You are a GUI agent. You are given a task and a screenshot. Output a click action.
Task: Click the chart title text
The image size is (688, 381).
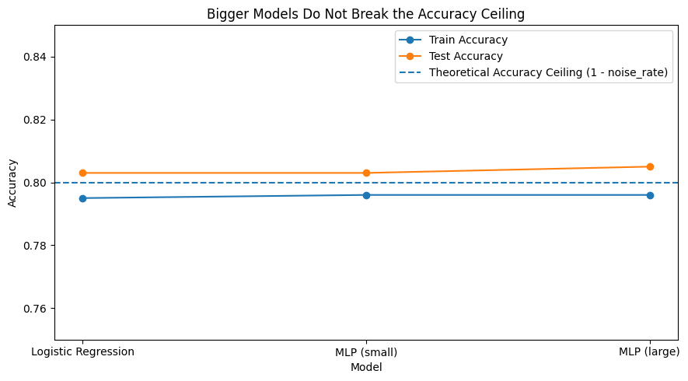click(x=365, y=13)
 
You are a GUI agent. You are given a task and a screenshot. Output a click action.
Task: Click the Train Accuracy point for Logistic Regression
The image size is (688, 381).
click(x=82, y=198)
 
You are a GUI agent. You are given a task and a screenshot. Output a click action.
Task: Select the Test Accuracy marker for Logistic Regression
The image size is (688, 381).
click(x=82, y=173)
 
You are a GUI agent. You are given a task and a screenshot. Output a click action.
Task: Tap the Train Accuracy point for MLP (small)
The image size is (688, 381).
click(x=366, y=195)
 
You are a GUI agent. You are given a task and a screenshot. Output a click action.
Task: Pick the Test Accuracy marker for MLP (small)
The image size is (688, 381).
click(x=366, y=173)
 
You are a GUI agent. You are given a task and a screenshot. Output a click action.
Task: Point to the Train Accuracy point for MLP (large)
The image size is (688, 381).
click(x=650, y=195)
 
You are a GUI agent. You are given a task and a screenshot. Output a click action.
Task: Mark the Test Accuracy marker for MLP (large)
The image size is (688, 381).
click(x=650, y=166)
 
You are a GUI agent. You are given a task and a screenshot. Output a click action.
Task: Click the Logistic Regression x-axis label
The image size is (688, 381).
click(x=82, y=351)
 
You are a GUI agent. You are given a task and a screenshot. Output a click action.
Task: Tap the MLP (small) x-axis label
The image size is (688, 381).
click(x=366, y=351)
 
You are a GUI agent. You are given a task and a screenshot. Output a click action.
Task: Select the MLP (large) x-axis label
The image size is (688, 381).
click(x=649, y=351)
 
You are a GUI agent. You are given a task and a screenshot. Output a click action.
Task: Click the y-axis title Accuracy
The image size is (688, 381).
click(x=12, y=183)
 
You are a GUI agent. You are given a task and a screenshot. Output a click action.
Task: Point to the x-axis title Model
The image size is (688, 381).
click(x=366, y=367)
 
